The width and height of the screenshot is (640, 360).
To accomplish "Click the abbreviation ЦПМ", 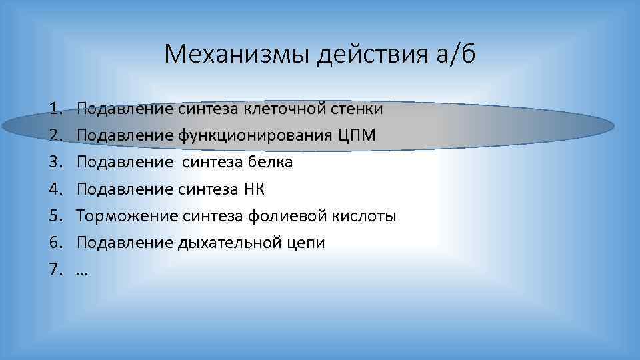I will point(358,135).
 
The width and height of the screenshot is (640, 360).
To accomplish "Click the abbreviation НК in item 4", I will point(253,189).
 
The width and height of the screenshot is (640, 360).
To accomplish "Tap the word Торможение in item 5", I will point(127,216).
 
